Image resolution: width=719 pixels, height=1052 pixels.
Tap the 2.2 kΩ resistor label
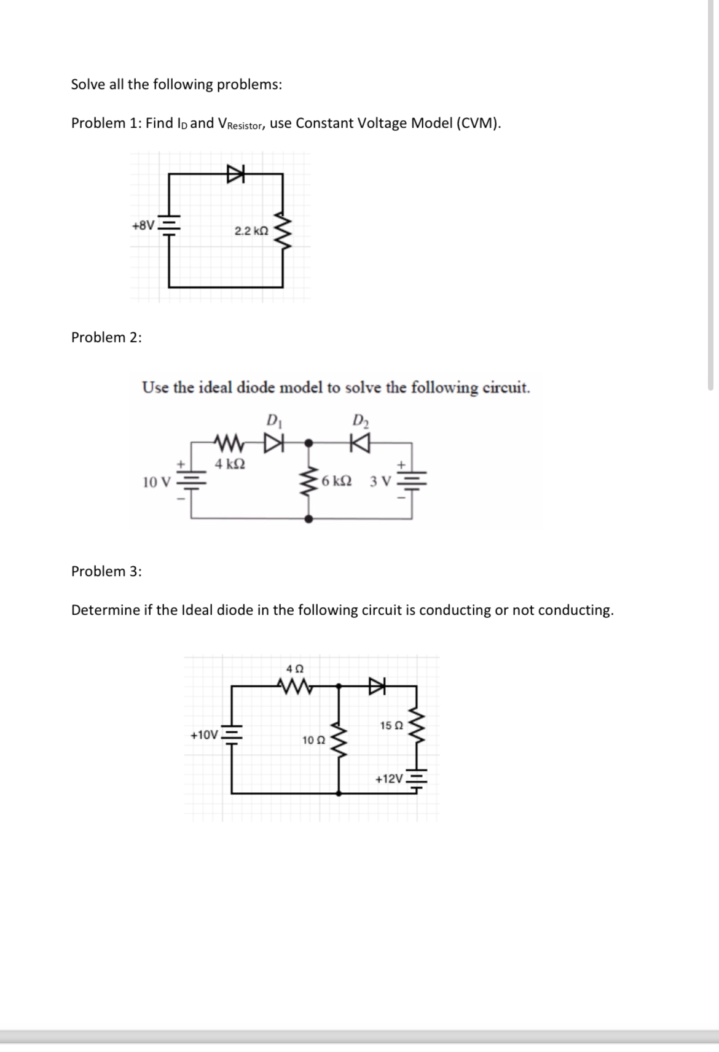(x=251, y=232)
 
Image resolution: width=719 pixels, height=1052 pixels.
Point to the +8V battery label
(x=143, y=225)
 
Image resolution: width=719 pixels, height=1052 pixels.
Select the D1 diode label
(x=272, y=421)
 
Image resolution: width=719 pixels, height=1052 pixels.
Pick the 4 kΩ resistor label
(x=230, y=464)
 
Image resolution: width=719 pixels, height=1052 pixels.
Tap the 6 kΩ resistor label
(x=336, y=481)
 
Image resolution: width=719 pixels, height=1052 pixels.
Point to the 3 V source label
(x=380, y=481)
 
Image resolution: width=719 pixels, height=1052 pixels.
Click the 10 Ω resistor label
(x=313, y=740)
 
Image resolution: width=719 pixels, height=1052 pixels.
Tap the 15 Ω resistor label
(x=391, y=725)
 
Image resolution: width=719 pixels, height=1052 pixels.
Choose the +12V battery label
(x=389, y=779)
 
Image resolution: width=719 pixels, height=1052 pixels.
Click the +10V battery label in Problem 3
(x=204, y=735)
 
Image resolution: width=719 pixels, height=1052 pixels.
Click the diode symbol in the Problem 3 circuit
(x=375, y=683)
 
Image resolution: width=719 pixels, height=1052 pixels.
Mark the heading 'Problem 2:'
(x=106, y=337)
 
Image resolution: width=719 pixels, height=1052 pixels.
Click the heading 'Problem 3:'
(x=106, y=571)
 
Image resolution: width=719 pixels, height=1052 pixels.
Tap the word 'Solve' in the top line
(x=88, y=84)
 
